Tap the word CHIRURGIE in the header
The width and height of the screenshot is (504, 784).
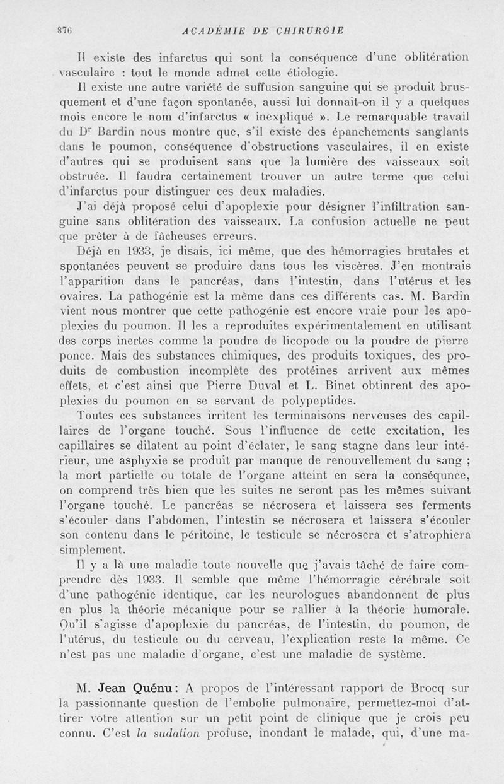[x=309, y=30]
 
